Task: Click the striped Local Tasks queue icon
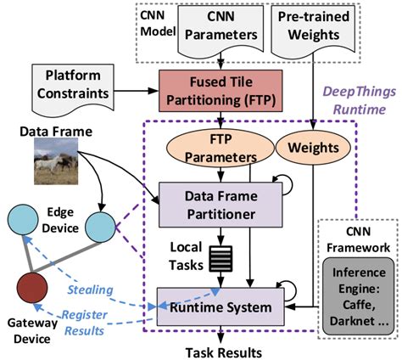[x=220, y=258]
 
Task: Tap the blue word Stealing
[x=92, y=290]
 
